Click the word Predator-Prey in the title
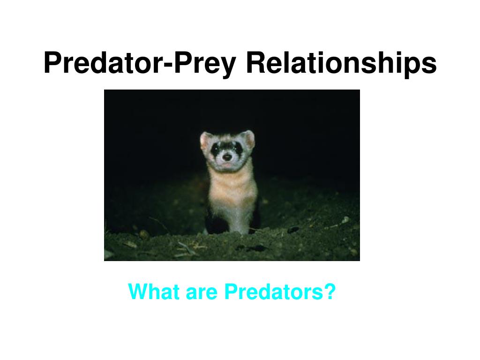pyautogui.click(x=140, y=63)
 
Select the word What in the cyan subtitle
pyautogui.click(x=154, y=292)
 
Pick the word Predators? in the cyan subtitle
pyautogui.click(x=280, y=292)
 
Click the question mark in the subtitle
pyautogui.click(x=330, y=292)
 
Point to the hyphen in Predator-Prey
pyautogui.click(x=169, y=65)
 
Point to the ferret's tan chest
pyautogui.click(x=232, y=188)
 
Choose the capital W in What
pyautogui.click(x=140, y=292)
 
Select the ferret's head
pyautogui.click(x=227, y=150)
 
